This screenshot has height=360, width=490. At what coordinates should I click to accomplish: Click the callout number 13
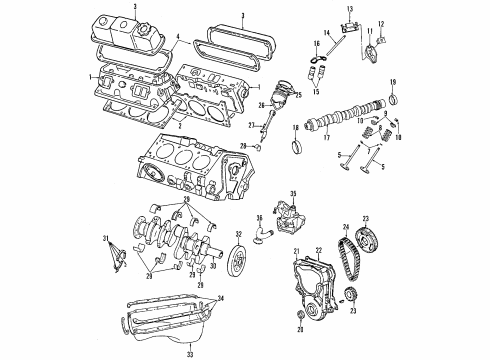(x=352, y=10)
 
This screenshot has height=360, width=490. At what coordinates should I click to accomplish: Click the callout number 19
(x=393, y=79)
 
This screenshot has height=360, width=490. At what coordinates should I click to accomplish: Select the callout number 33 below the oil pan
(x=191, y=354)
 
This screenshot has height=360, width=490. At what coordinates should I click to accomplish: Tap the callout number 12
(x=381, y=26)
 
